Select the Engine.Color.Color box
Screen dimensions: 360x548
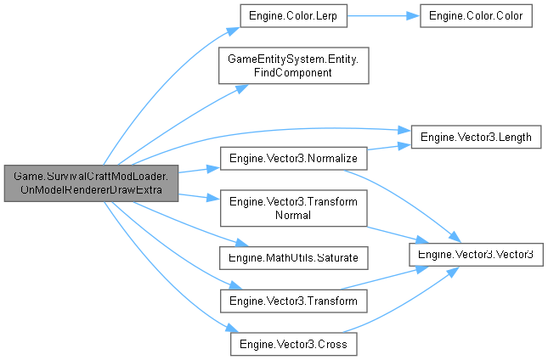476,16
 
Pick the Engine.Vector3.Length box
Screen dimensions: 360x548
475,136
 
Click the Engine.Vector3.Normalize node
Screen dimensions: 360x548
294,159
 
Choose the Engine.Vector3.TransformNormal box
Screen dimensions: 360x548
294,209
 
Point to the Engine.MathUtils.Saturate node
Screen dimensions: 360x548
294,256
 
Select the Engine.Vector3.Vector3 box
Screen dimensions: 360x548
475,255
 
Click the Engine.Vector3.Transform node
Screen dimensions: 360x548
294,301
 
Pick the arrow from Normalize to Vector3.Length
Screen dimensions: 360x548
389,148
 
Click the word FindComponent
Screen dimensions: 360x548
294,74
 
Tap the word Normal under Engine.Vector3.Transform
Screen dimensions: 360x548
294,217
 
